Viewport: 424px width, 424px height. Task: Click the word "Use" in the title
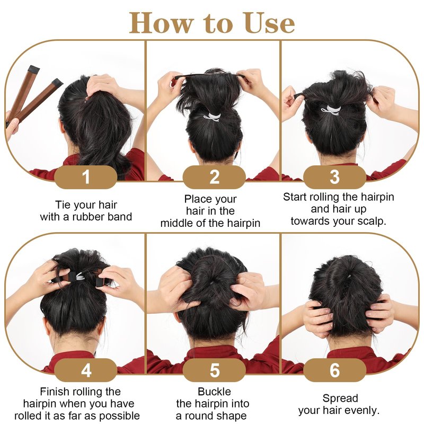click(269, 23)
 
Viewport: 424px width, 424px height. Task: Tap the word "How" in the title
click(162, 23)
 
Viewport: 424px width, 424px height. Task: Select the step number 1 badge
click(86, 177)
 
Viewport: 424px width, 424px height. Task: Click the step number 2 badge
click(214, 177)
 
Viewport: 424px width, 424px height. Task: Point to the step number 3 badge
click(335, 177)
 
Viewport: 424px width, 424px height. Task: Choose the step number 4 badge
click(86, 370)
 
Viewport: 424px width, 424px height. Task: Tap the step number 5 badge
click(214, 370)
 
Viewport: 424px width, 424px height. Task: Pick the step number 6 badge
click(335, 370)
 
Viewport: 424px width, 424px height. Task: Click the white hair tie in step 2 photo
click(213, 117)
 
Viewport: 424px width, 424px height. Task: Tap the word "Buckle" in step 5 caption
click(215, 392)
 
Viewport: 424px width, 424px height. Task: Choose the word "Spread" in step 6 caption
click(340, 399)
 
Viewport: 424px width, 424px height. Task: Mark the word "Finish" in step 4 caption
click(54, 392)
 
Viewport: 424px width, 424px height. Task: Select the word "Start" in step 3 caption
click(295, 197)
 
